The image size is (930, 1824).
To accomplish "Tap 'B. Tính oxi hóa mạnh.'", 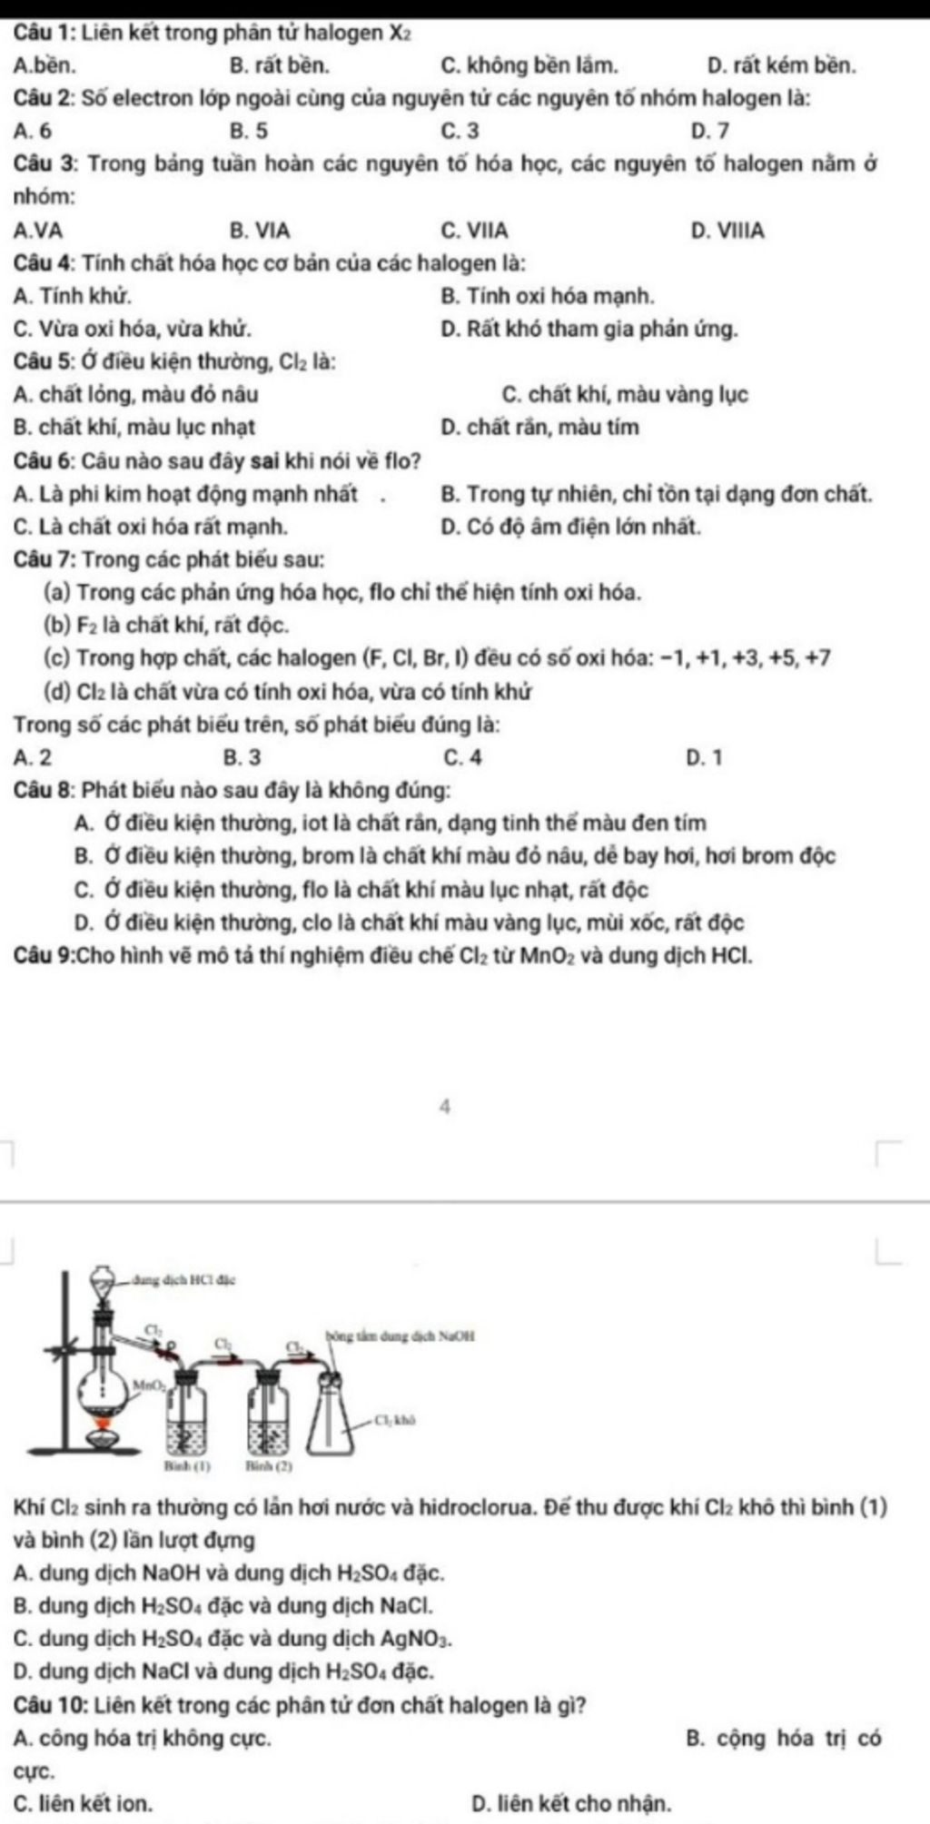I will tap(547, 296).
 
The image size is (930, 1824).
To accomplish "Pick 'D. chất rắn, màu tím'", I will tap(539, 427).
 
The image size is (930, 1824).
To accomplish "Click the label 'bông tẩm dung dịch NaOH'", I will tap(400, 1336).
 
